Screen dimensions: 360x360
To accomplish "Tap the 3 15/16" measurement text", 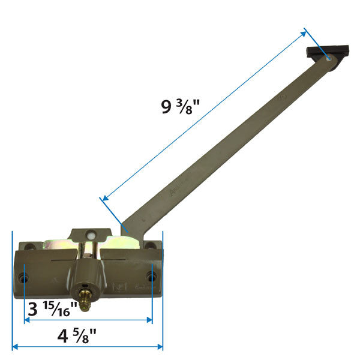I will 53,310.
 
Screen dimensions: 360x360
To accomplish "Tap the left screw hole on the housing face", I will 24,277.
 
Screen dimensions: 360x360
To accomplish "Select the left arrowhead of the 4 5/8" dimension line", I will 15,347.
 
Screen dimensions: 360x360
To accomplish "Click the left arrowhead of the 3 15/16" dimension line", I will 27,320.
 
